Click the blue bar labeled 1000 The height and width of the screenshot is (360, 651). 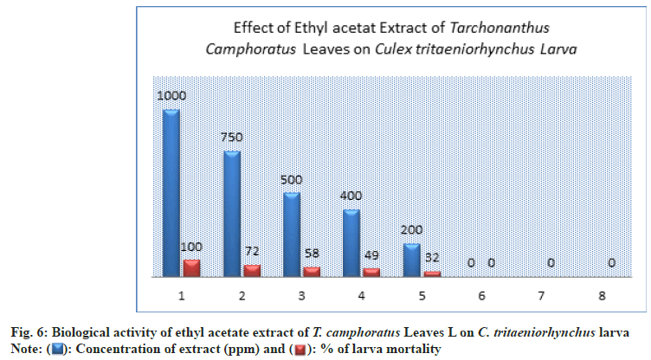pos(171,192)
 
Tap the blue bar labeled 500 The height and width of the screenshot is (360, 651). pos(292,234)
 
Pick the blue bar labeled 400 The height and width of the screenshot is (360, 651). pos(351,242)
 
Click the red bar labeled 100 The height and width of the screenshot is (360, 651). pos(191,267)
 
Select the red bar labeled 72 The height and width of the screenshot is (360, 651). pos(252,270)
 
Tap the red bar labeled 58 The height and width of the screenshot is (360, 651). pos(312,271)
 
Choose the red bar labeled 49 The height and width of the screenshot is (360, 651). pos(371,272)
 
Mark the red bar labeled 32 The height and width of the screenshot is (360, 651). pos(431,273)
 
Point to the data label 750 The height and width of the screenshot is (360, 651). pos(232,137)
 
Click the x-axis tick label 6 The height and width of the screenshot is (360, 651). pos(482,295)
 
